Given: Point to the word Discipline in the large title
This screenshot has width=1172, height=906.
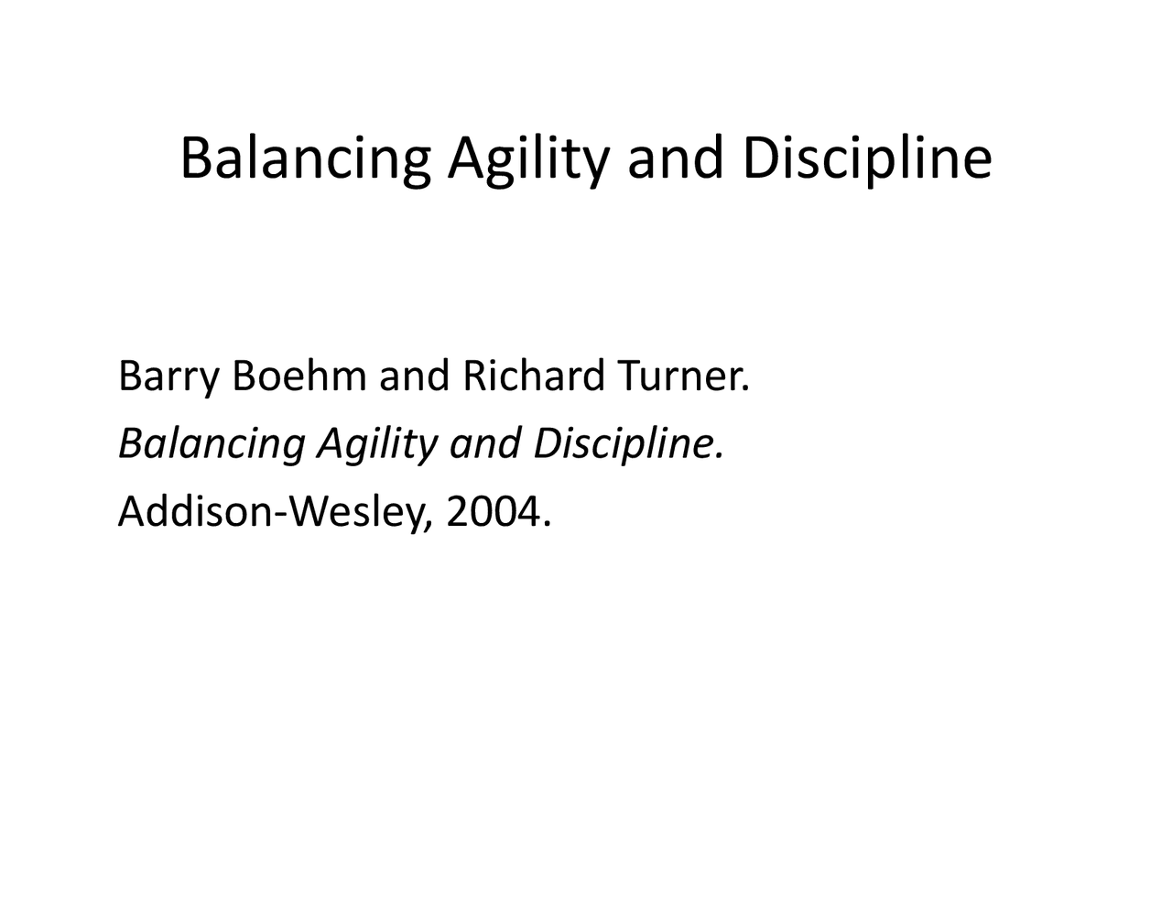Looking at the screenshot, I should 866,158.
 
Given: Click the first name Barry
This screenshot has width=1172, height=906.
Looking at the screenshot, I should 168,377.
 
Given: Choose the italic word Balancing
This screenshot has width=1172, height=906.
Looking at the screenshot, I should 211,444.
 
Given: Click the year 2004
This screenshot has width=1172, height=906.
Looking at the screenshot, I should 491,513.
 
